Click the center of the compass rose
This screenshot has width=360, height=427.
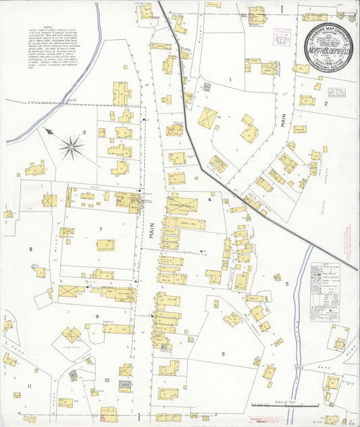[71, 145]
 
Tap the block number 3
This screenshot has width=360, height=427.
[84, 132]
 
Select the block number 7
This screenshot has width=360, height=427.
[101, 230]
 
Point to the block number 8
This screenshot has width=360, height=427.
[30, 249]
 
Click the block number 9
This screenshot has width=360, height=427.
[97, 316]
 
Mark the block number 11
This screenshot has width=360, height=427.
[29, 386]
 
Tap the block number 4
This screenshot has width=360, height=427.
[210, 200]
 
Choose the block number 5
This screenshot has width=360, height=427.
[286, 284]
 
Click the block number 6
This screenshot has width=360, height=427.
[222, 353]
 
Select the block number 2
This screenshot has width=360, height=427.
[326, 103]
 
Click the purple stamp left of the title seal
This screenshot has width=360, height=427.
[282, 35]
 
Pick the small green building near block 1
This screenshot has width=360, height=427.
[207, 87]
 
